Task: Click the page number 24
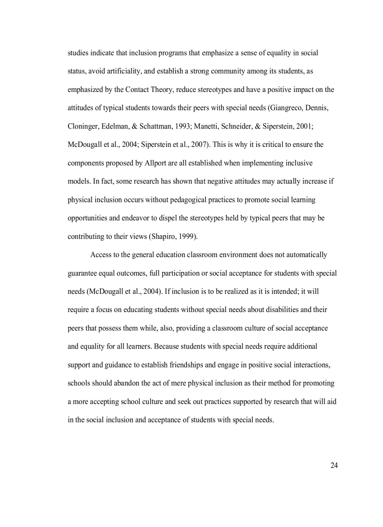pyautogui.click(x=334, y=466)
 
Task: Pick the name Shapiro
pyautogui.click(x=163, y=237)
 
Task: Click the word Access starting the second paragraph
pyautogui.click(x=101, y=255)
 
